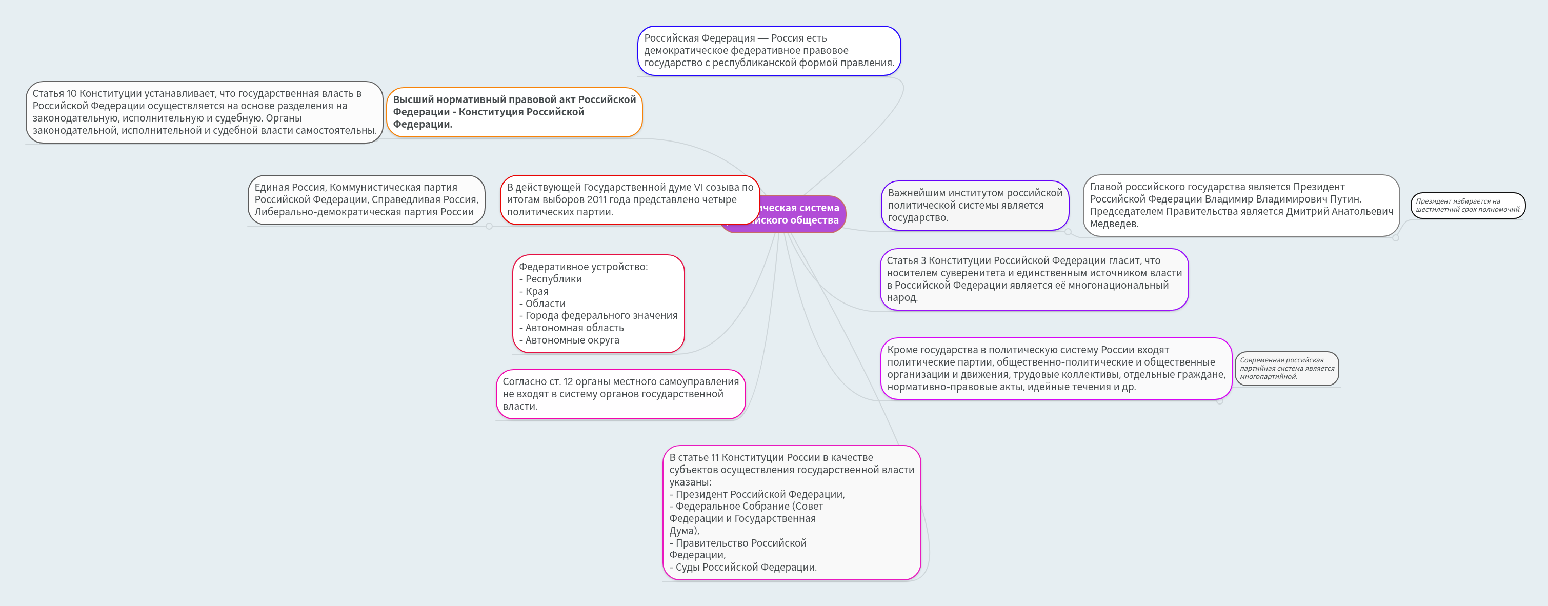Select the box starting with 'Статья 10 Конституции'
click(204, 112)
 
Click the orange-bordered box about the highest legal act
click(514, 112)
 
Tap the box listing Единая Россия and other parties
click(366, 200)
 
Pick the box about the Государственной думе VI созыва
click(629, 200)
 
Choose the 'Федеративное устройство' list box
click(598, 304)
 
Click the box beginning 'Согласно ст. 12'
click(620, 394)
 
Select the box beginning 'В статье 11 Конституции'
click(791, 512)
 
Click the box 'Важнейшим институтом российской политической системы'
click(974, 206)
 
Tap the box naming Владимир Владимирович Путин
click(1240, 206)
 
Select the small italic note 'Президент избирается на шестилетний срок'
click(1467, 206)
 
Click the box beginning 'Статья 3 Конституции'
click(1034, 279)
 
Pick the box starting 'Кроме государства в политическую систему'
click(1055, 368)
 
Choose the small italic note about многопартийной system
click(1286, 368)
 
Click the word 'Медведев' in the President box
click(1114, 224)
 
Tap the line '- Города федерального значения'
click(598, 316)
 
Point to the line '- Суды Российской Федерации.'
click(743, 568)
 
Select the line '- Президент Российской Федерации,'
click(757, 494)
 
